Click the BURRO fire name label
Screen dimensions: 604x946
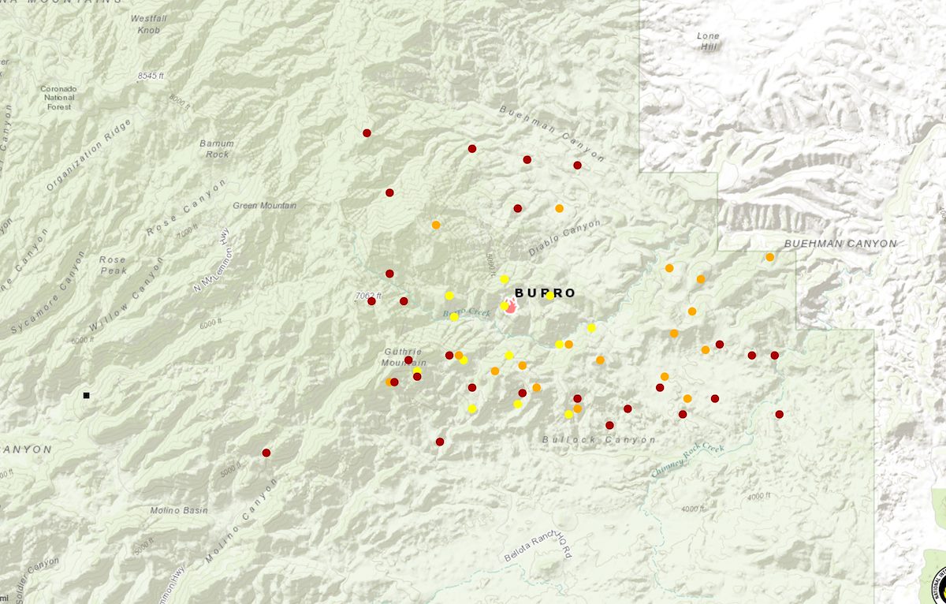pyautogui.click(x=545, y=293)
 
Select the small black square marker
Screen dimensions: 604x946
pyautogui.click(x=86, y=395)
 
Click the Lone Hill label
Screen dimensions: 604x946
pyautogui.click(x=709, y=41)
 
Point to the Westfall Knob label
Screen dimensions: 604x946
pyautogui.click(x=148, y=24)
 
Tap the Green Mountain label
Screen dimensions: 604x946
pyautogui.click(x=265, y=206)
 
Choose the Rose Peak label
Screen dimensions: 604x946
pyautogui.click(x=113, y=265)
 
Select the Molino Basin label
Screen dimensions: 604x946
pyautogui.click(x=180, y=510)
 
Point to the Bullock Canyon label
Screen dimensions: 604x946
pyautogui.click(x=599, y=439)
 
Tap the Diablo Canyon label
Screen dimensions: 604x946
pyautogui.click(x=564, y=237)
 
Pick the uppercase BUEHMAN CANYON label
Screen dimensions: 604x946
pyautogui.click(x=840, y=244)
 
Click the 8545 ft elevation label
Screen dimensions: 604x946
pyautogui.click(x=151, y=76)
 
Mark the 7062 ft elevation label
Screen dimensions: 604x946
pyautogui.click(x=369, y=296)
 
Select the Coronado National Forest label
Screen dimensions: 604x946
pyautogui.click(x=59, y=98)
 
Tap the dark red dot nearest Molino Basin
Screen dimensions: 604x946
pyautogui.click(x=266, y=453)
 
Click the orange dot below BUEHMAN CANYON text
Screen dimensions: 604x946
pyautogui.click(x=769, y=257)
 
